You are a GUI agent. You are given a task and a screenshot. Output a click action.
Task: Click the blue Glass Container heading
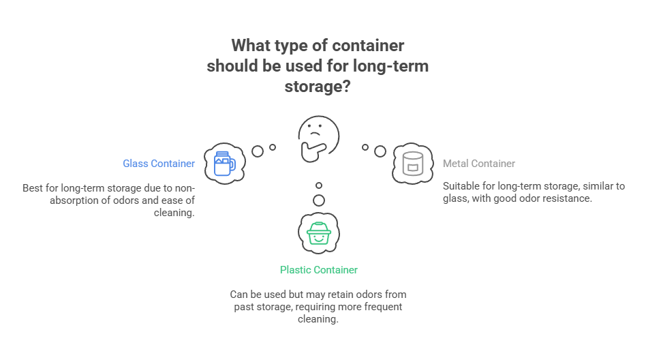pos(159,164)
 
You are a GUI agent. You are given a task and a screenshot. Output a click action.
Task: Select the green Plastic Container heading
pos(318,270)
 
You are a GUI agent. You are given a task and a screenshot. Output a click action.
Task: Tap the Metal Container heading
pos(478,164)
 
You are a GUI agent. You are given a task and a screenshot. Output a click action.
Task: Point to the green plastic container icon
pos(318,232)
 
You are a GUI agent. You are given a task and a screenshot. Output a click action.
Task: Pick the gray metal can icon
pos(412,163)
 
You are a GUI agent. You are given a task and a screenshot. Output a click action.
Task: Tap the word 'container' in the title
pos(369,46)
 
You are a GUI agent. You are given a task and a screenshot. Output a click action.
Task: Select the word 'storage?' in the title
pos(318,87)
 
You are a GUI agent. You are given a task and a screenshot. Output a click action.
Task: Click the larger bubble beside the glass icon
pos(258,151)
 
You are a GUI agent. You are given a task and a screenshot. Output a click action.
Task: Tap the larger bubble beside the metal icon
pos(380,151)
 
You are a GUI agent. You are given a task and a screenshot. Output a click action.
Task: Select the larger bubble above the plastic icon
pos(318,200)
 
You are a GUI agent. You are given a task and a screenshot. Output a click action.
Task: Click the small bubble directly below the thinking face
pos(318,185)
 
